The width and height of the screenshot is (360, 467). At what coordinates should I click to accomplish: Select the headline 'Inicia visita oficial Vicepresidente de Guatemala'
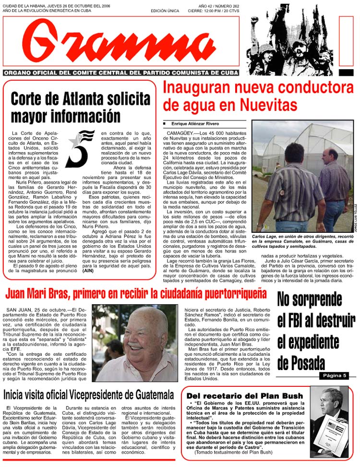coord(89,395)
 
